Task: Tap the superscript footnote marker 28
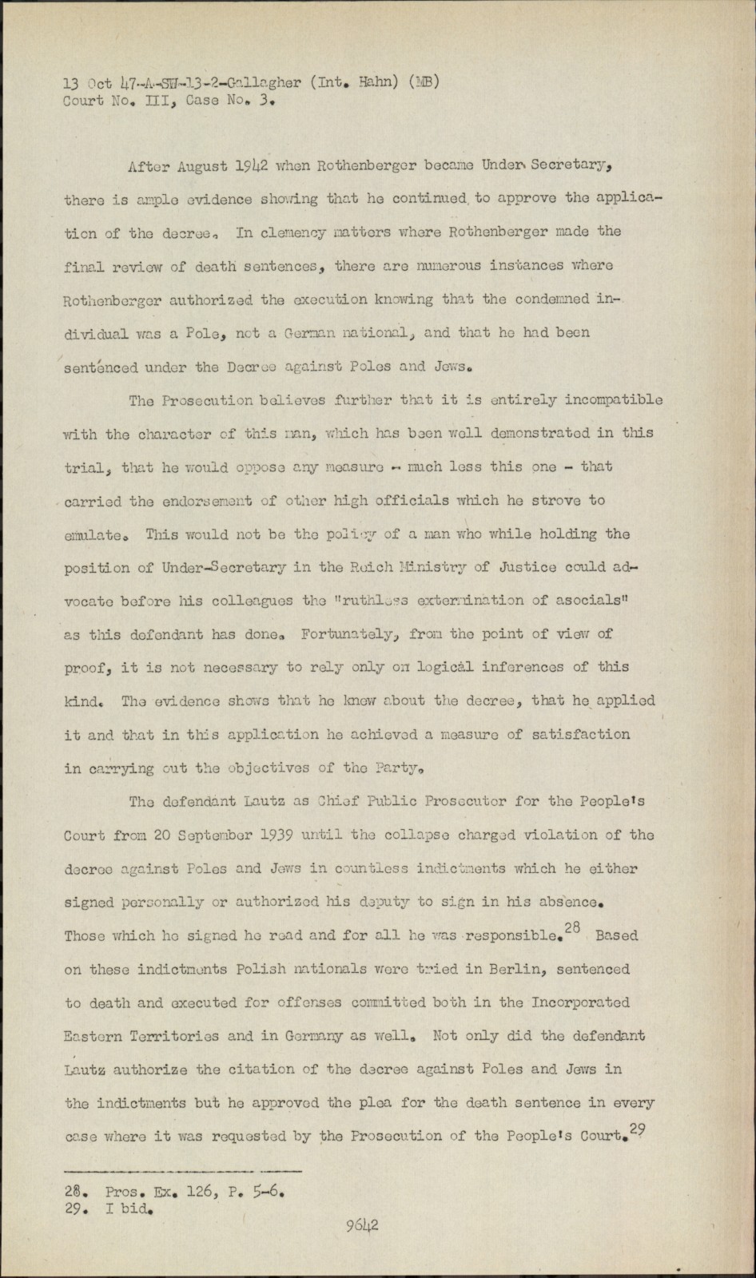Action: tap(572, 927)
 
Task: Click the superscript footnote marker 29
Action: tap(638, 1128)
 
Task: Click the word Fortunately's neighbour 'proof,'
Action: tap(87, 668)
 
